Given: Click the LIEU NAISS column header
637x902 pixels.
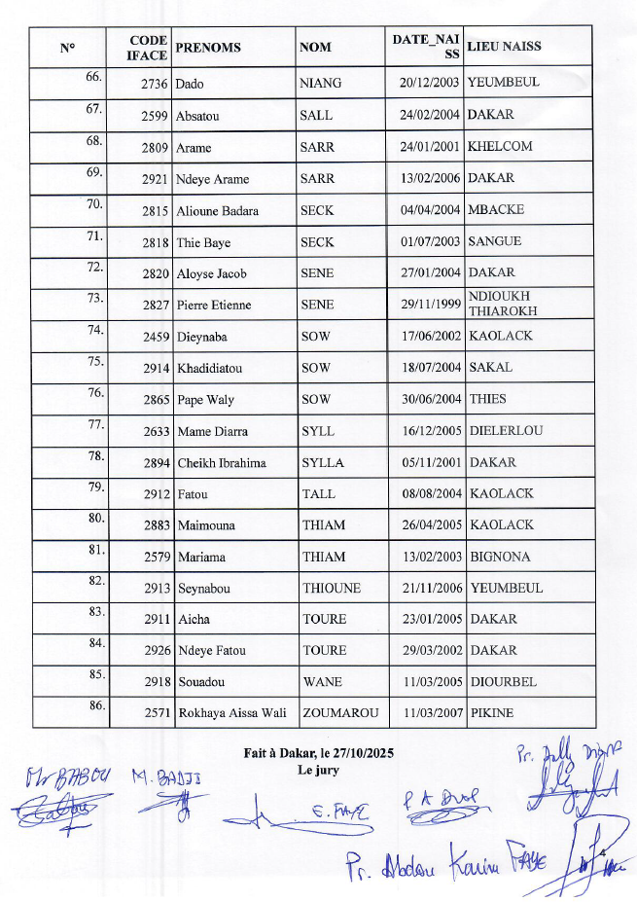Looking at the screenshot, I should point(504,47).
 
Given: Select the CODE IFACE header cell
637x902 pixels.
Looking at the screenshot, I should point(147,48).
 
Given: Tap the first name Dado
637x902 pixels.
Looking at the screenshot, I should point(190,84).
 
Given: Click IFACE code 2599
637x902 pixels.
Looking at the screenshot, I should point(156,116).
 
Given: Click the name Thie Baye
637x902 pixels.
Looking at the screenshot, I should point(203,242).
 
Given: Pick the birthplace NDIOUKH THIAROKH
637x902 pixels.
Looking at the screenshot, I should point(500,304).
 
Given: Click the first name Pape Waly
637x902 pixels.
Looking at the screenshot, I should point(205,400).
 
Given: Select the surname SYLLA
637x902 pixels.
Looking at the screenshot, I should point(323,463).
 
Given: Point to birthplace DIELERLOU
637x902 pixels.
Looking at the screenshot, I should point(506,431).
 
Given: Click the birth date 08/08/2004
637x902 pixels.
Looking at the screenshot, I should point(431,494).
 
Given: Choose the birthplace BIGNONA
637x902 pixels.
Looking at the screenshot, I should point(500,558).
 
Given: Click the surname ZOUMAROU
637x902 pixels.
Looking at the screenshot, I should point(340,713).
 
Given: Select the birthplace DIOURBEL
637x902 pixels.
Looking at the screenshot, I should point(503,682).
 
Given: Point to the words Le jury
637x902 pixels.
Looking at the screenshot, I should point(319,770).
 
